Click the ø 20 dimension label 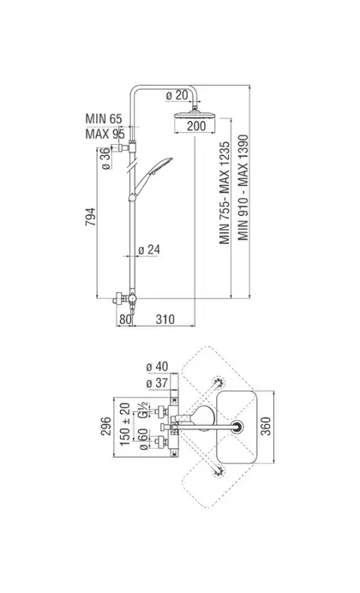pyautogui.click(x=177, y=96)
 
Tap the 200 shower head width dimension pyautogui.click(x=196, y=126)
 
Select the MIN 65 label pyautogui.click(x=104, y=118)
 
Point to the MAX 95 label pyautogui.click(x=105, y=134)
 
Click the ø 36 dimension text pyautogui.click(x=106, y=159)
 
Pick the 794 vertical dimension pyautogui.click(x=91, y=217)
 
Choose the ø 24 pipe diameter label pyautogui.click(x=149, y=249)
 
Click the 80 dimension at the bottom pyautogui.click(x=125, y=319)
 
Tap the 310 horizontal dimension pyautogui.click(x=165, y=319)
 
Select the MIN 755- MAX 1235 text pyautogui.click(x=225, y=193)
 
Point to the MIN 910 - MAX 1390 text pyautogui.click(x=243, y=188)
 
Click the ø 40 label pyautogui.click(x=157, y=367)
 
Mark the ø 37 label pyautogui.click(x=157, y=383)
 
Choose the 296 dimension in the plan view pyautogui.click(x=106, y=426)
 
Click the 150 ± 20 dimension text pyautogui.click(x=125, y=424)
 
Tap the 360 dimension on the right pyautogui.click(x=267, y=426)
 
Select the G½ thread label pyautogui.click(x=143, y=410)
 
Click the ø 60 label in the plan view pyautogui.click(x=143, y=439)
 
